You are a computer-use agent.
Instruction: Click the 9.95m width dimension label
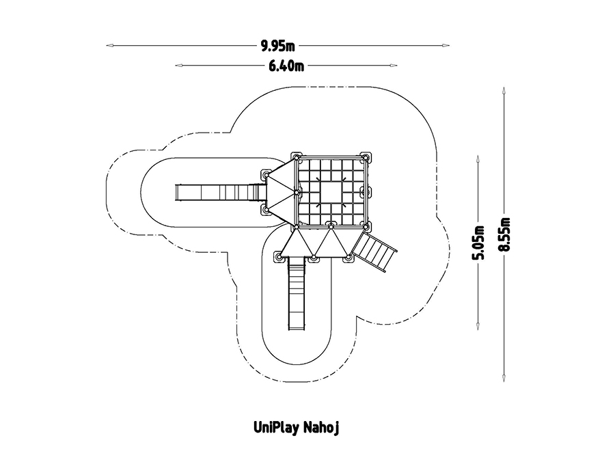(x=277, y=46)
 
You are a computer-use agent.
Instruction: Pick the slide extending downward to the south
(x=296, y=293)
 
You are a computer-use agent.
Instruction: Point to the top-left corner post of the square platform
(x=297, y=158)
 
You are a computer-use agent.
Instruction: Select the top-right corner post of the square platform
(x=368, y=158)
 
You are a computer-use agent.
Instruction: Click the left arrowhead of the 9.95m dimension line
(x=108, y=46)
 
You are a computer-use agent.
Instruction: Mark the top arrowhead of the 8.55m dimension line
(x=504, y=90)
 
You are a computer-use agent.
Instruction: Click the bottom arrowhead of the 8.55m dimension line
(x=504, y=379)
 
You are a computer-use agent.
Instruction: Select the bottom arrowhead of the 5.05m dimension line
(x=478, y=329)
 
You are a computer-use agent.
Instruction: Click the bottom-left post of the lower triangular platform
(x=279, y=257)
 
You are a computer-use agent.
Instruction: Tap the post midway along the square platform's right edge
(x=368, y=191)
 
